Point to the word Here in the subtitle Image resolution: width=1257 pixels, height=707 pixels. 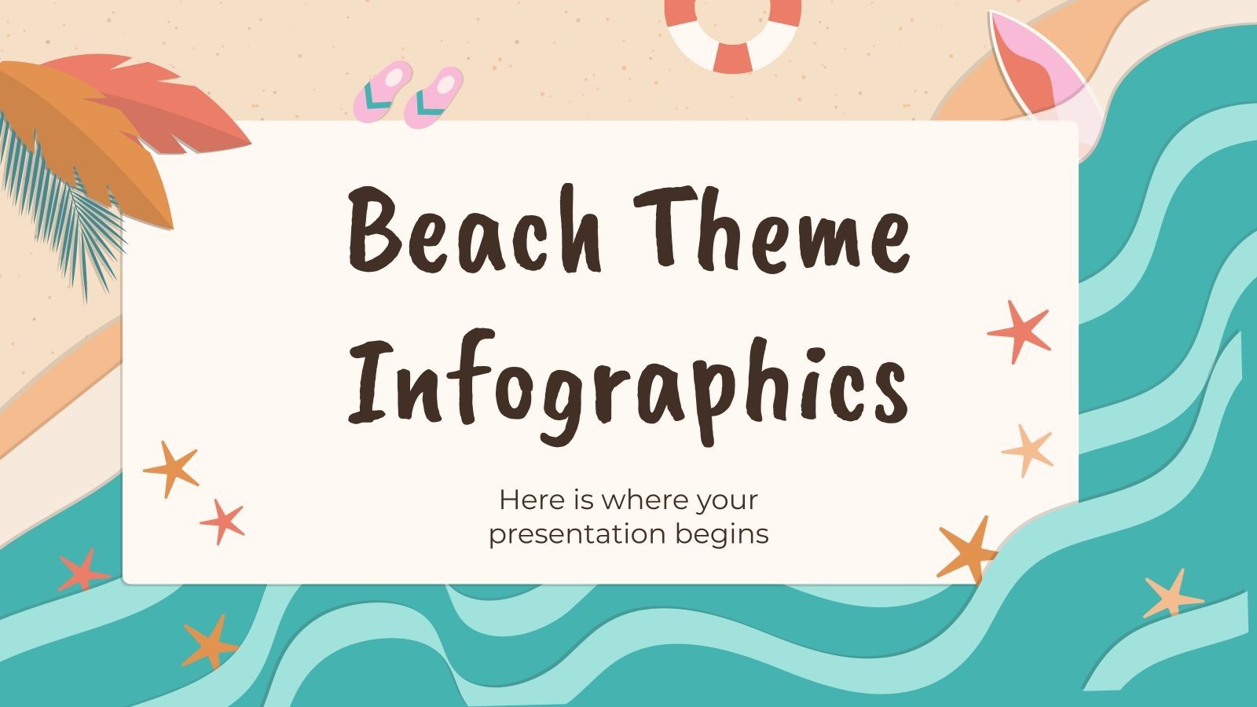pyautogui.click(x=530, y=500)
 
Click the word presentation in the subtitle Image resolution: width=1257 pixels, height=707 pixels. pyautogui.click(x=578, y=535)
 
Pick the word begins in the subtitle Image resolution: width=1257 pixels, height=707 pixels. pyautogui.click(x=721, y=535)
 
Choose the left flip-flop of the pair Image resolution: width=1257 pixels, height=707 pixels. pyautogui.click(x=383, y=91)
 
